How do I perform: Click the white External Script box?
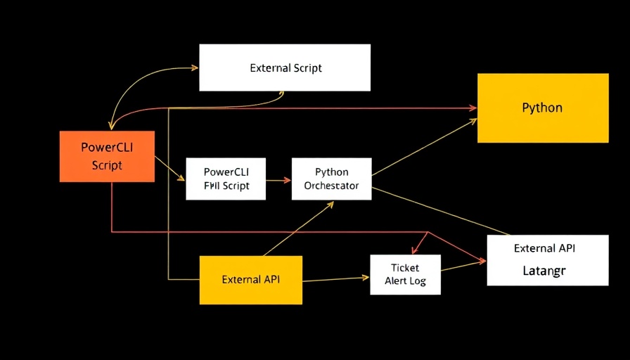tap(285, 67)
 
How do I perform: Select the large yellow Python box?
tap(542, 108)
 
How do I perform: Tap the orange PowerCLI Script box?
tap(107, 156)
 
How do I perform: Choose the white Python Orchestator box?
tap(331, 179)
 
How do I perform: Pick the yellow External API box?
tap(250, 279)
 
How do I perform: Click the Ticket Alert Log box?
tap(405, 274)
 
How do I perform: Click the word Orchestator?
tap(331, 186)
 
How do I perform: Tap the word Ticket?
tap(405, 267)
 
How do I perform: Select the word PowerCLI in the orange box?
tap(107, 148)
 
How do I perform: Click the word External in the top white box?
tap(270, 68)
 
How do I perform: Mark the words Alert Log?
tap(405, 281)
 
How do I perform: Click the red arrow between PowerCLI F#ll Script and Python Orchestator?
tap(278, 180)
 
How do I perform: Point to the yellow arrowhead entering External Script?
tap(195, 68)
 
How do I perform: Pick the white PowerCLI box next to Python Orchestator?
tap(226, 179)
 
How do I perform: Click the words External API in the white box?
tap(544, 248)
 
